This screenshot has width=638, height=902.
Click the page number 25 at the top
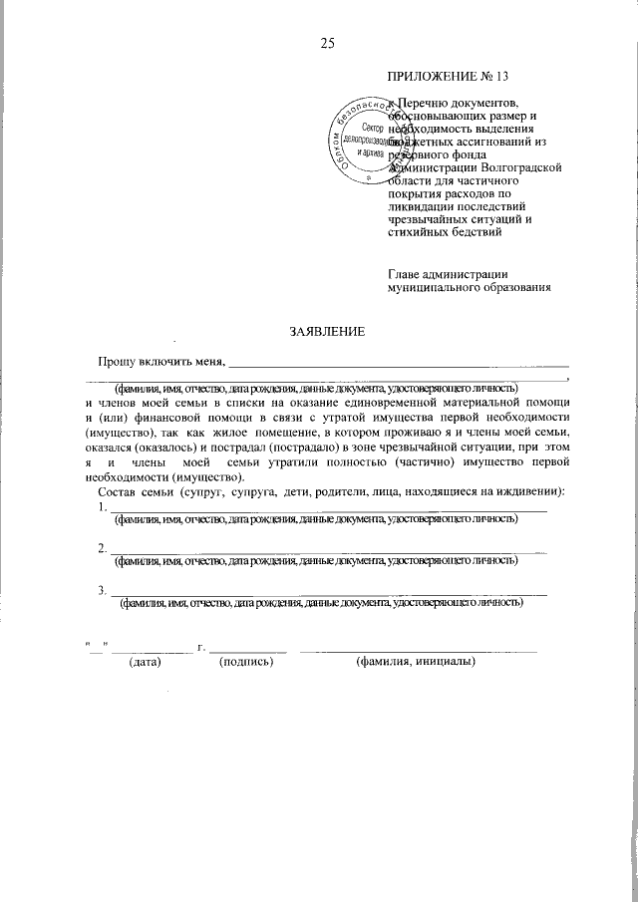click(326, 42)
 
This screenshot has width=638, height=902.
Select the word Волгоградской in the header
click(518, 168)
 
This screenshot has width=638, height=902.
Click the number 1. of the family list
click(104, 507)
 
